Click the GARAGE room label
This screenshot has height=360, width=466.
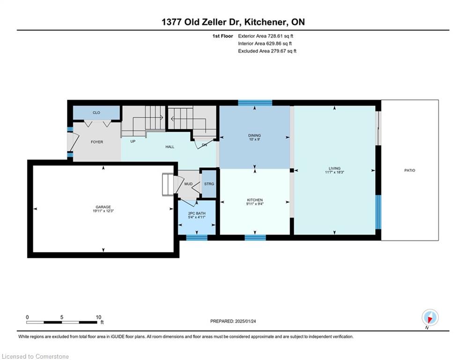tap(103, 207)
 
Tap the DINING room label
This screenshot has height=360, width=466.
tap(254, 135)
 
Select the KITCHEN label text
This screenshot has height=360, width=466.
tap(255, 200)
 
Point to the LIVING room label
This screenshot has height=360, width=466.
tap(335, 168)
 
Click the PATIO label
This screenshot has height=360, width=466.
tap(409, 170)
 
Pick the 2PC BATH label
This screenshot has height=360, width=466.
tap(197, 213)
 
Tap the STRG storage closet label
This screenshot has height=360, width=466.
tap(209, 184)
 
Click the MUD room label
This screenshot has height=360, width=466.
tap(188, 184)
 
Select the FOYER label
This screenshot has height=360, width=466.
tap(97, 142)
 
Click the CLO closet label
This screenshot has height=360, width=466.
tap(96, 112)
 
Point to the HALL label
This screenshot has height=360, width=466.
tap(170, 147)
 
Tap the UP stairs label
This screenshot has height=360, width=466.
tap(133, 141)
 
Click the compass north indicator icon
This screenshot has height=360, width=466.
tap(430, 317)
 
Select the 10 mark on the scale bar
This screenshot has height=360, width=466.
tap(98, 317)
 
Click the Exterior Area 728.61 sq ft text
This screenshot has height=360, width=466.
tap(266, 36)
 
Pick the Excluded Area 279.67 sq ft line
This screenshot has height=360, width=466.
tap(267, 51)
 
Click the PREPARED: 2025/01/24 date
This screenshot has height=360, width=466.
tap(233, 321)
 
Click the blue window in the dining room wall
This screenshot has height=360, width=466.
tap(255, 103)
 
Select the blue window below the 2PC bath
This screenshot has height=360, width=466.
tap(197, 237)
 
